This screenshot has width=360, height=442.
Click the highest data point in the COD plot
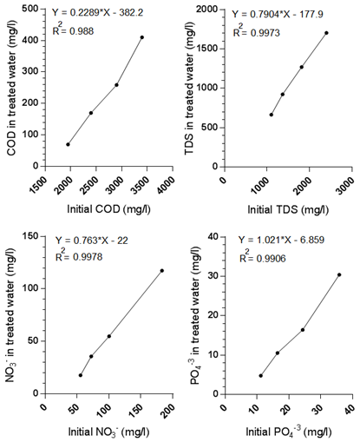coord(141,37)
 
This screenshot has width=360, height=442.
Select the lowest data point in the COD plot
coord(68,144)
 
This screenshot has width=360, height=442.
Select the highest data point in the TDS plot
coord(326,33)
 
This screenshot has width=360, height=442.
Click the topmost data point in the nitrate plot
coord(161,270)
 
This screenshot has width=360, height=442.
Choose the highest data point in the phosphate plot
coord(339,274)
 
